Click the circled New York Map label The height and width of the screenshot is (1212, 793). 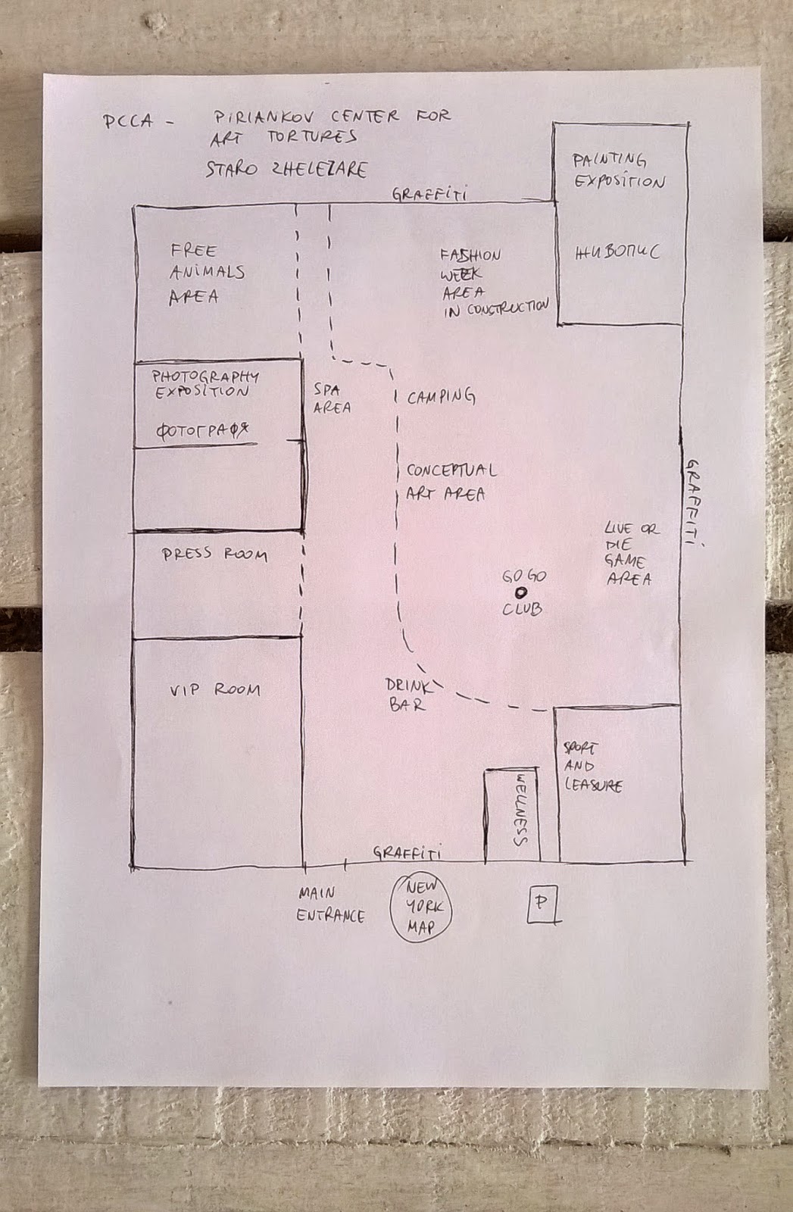point(421,907)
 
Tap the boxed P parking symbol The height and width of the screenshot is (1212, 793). point(542,904)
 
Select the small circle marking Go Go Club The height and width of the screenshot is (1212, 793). point(521,593)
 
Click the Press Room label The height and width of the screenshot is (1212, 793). point(214,554)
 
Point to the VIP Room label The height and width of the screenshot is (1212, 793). point(215,690)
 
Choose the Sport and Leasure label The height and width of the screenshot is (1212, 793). point(592,767)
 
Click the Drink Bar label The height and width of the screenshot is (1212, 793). point(409,695)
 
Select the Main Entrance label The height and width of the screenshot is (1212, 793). point(329,904)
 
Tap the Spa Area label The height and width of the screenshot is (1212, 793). point(332,399)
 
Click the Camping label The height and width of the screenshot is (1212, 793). point(441,396)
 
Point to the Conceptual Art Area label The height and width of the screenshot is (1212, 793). point(450,482)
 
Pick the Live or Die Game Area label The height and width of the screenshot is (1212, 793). point(630,554)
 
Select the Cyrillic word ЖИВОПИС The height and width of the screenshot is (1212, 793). point(617,251)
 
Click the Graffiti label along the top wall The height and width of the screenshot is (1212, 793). point(429,194)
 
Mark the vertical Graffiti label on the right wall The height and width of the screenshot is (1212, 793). point(692,501)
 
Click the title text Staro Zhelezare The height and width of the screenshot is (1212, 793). point(286,168)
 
